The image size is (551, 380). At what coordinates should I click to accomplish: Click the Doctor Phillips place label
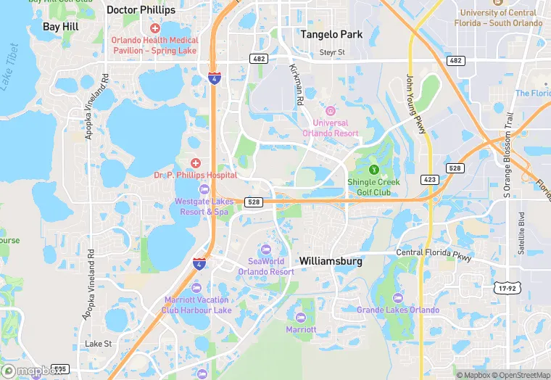141,10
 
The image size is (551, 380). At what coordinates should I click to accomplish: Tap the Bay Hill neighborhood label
61,26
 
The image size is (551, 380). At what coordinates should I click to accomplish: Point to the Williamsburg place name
330,261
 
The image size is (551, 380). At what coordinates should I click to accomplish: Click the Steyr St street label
333,52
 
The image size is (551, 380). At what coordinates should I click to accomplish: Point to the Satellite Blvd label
521,233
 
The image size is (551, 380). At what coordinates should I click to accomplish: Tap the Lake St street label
98,343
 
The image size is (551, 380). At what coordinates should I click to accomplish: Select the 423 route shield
428,178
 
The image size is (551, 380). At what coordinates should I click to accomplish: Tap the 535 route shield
60,369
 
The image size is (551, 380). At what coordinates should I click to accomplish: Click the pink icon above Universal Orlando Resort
331,111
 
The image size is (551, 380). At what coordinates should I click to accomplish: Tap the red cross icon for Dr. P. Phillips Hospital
195,162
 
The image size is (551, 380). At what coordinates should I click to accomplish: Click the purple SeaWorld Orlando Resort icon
266,249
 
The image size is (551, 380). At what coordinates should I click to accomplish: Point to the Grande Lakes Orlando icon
397,298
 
